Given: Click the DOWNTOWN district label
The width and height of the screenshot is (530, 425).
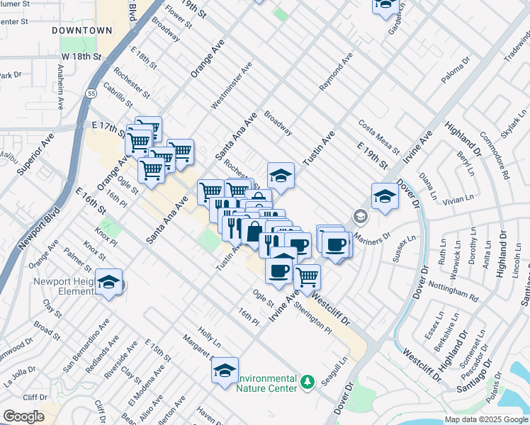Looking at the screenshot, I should click(x=82, y=30).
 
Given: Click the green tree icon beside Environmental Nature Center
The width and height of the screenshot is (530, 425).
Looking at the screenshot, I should click(x=307, y=382).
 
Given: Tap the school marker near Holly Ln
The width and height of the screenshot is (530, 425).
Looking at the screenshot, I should click(x=225, y=370).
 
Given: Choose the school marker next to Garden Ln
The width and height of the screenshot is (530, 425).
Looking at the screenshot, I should click(x=385, y=6).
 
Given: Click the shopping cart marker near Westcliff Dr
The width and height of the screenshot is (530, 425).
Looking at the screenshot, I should click(x=307, y=276).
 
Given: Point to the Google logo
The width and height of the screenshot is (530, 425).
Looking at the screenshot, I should click(x=23, y=416).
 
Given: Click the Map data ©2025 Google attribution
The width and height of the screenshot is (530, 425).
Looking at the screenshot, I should click(x=487, y=419).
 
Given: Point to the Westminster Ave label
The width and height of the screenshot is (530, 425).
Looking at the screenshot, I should click(x=231, y=88).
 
